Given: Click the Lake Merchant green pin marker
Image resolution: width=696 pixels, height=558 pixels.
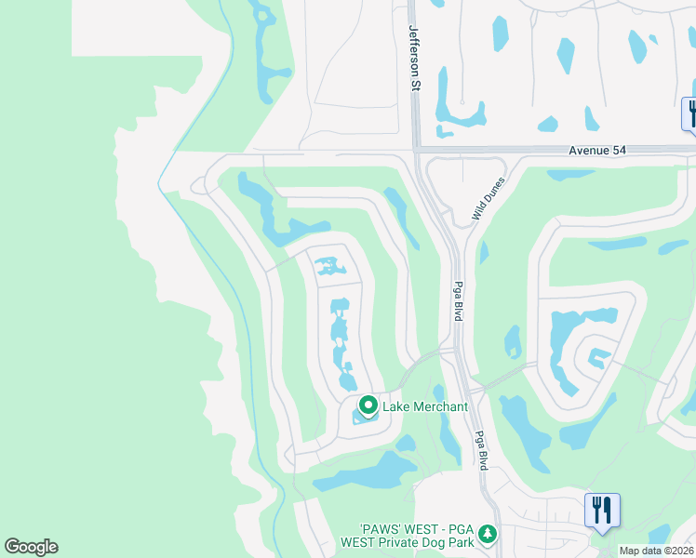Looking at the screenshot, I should (368, 405).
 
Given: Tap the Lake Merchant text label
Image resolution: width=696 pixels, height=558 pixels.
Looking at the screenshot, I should (425, 406).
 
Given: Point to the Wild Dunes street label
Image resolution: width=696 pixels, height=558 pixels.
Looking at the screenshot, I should (487, 198).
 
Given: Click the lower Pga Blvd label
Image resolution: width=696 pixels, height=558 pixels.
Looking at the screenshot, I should (481, 450).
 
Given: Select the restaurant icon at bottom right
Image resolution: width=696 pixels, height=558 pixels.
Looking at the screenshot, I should (602, 511).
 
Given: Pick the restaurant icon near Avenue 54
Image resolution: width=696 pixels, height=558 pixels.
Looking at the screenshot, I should (690, 113).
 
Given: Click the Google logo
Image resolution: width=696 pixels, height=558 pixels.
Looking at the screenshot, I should (31, 547).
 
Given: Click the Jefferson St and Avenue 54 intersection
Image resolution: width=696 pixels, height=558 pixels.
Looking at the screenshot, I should (415, 149).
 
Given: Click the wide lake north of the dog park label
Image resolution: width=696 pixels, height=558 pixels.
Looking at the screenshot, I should (368, 473).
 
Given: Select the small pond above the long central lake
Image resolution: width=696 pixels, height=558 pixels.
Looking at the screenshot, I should (328, 267).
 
